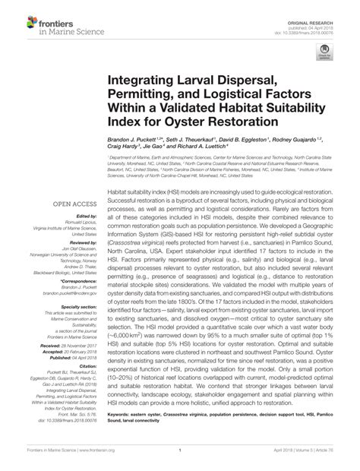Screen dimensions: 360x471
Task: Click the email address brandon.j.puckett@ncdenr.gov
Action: click(69, 293)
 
